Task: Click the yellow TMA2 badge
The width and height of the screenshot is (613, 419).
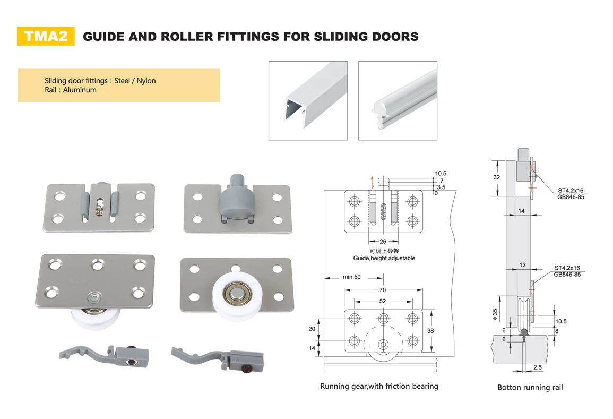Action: pos(46,36)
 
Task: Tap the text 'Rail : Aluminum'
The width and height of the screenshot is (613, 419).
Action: pos(71,90)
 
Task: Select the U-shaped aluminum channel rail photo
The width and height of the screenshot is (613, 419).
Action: pos(308,100)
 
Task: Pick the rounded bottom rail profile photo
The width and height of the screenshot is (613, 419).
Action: pos(398,100)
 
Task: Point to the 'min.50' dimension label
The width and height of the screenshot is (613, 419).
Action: pos(351,277)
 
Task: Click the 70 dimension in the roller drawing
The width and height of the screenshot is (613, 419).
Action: pos(382,290)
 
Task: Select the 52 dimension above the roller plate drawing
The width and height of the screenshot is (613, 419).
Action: pos(382,301)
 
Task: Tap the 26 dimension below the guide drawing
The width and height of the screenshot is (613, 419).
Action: pos(383,242)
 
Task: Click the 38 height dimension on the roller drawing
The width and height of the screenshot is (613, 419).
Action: pos(430,330)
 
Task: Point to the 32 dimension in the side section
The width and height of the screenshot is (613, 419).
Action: pos(496,177)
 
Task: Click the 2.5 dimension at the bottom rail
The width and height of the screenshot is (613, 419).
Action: pos(537,367)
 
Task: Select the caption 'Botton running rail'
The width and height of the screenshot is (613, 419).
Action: pos(530,387)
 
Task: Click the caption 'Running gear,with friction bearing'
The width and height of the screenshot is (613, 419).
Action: pos(379,386)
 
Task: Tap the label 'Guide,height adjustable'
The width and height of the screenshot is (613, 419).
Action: pos(384,258)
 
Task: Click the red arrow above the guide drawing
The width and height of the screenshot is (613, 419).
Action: pos(373,182)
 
